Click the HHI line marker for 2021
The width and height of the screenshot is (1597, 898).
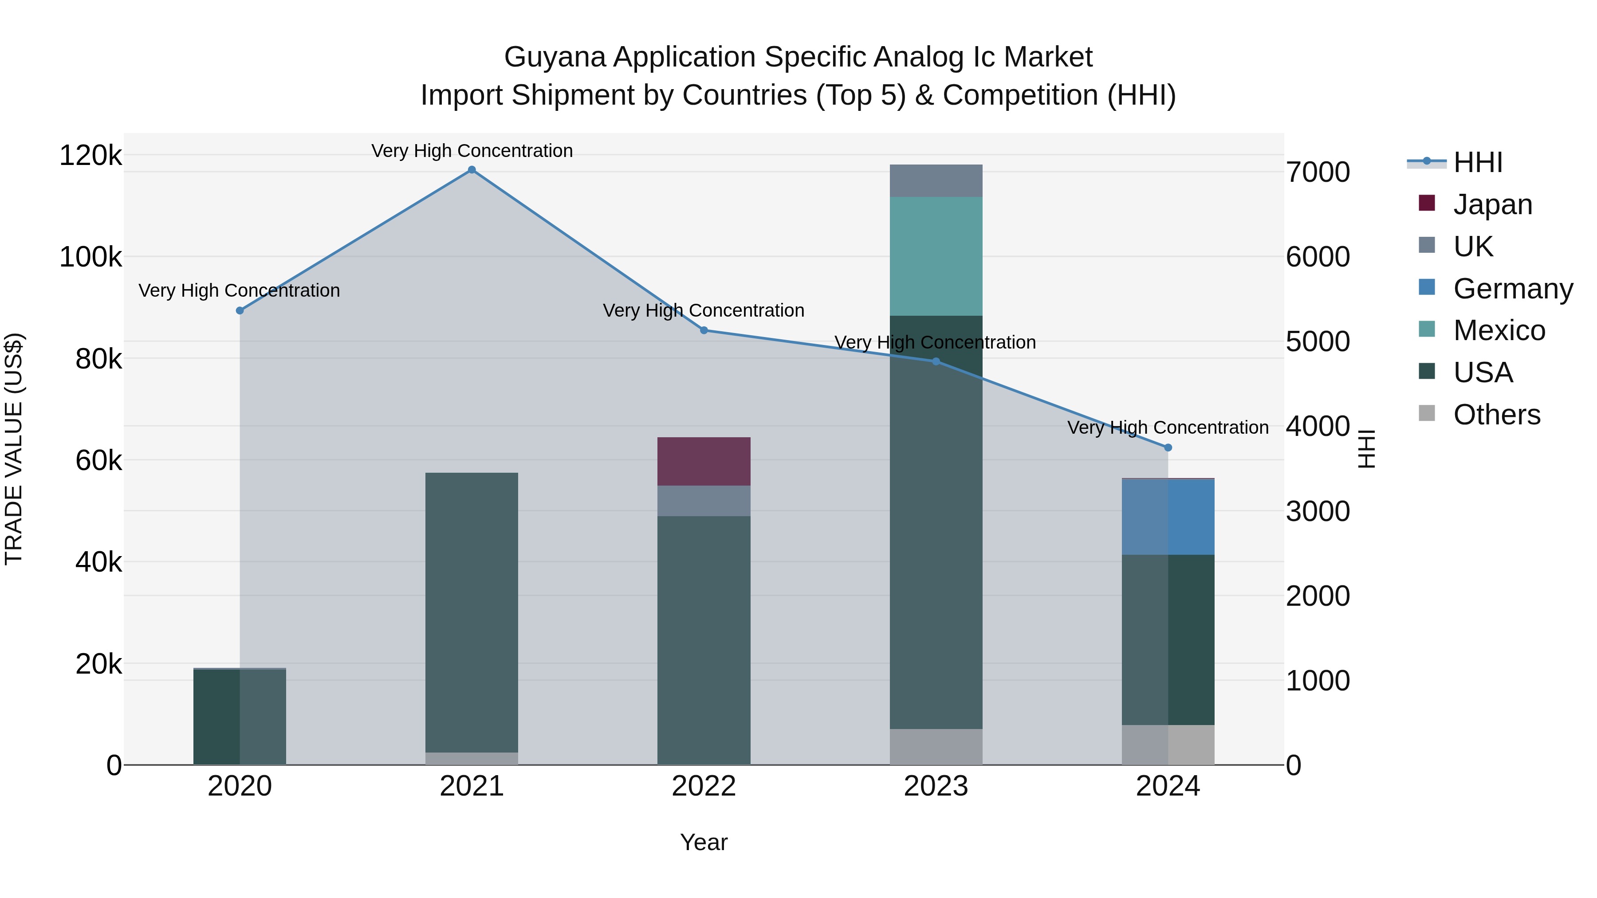pyautogui.click(x=472, y=170)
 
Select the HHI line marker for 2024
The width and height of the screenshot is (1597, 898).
pyautogui.click(x=1168, y=447)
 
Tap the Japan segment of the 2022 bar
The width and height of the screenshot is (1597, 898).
pyautogui.click(x=704, y=461)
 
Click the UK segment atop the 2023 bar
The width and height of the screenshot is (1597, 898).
pyautogui.click(x=936, y=180)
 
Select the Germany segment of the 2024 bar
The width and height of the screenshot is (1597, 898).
pyautogui.click(x=1168, y=517)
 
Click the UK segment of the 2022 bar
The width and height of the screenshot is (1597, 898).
pyautogui.click(x=704, y=501)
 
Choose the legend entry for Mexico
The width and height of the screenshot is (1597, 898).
pyautogui.click(x=1499, y=330)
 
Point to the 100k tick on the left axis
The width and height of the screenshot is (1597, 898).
pyautogui.click(x=90, y=257)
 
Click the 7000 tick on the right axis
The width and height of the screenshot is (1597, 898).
pyautogui.click(x=1318, y=173)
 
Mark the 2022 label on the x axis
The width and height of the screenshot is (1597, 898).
pyautogui.click(x=704, y=786)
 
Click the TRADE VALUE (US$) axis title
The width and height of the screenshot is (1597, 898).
pyautogui.click(x=14, y=449)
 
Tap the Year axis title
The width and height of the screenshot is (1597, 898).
pyautogui.click(x=704, y=842)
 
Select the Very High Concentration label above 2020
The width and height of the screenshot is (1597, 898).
pyautogui.click(x=239, y=290)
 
